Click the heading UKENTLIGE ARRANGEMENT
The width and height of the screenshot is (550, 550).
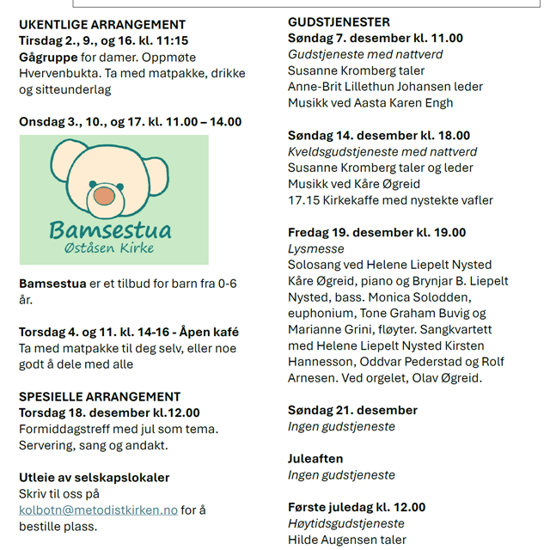click(102, 25)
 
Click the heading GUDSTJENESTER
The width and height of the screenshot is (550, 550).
click(339, 21)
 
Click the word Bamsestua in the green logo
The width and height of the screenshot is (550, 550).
click(110, 230)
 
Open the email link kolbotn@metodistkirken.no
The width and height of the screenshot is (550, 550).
click(99, 510)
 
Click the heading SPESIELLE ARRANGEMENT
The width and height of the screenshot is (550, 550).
click(100, 396)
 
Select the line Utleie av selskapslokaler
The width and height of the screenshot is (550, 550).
click(95, 477)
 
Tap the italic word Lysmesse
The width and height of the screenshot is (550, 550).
click(315, 248)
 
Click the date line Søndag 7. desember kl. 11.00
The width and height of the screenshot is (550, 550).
click(375, 38)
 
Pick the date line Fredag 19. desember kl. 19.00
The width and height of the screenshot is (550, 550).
click(376, 232)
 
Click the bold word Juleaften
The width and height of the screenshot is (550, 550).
click(315, 459)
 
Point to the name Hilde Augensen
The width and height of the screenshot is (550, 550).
click(331, 540)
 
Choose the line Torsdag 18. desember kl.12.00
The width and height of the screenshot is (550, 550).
click(109, 412)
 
